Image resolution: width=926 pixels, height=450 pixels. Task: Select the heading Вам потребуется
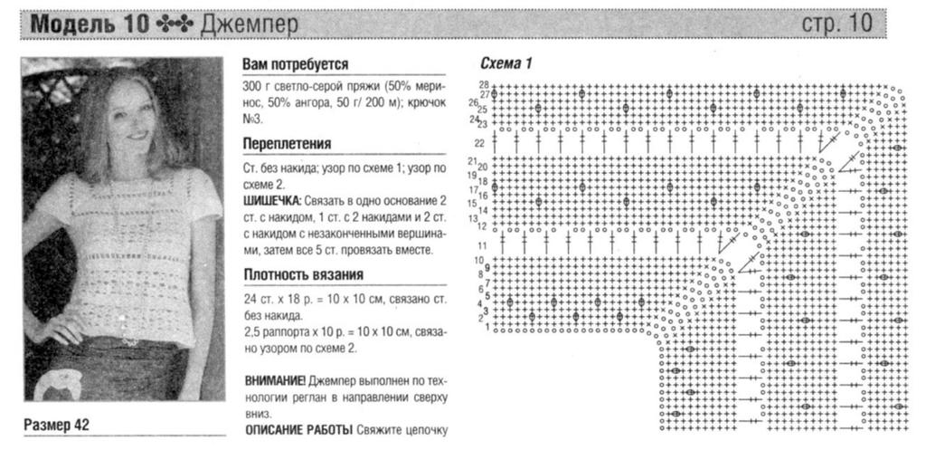tap(296, 65)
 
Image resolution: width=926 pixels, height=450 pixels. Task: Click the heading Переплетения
tap(287, 144)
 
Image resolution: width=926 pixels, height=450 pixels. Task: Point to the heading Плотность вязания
tap(303, 275)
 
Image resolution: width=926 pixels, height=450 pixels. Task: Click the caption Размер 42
tap(57, 424)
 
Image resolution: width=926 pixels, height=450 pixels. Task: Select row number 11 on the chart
tap(482, 245)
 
